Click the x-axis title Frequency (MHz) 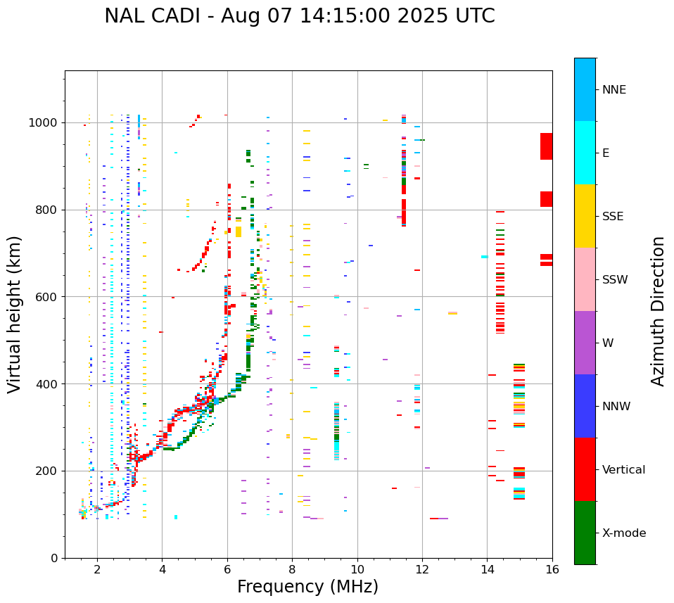pyautogui.click(x=307, y=587)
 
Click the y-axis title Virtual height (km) pyautogui.click(x=15, y=315)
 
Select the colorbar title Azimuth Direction pyautogui.click(x=658, y=311)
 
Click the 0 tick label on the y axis pyautogui.click(x=53, y=558)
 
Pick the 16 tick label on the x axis pyautogui.click(x=552, y=569)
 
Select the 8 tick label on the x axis pyautogui.click(x=292, y=569)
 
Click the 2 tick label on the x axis pyautogui.click(x=97, y=569)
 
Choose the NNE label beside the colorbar pyautogui.click(x=613, y=90)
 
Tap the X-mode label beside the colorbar pyautogui.click(x=623, y=533)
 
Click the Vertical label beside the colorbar pyautogui.click(x=623, y=470)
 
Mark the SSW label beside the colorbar pyautogui.click(x=615, y=280)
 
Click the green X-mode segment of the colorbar pyautogui.click(x=585, y=533)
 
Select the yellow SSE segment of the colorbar pyautogui.click(x=585, y=216)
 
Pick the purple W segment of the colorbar pyautogui.click(x=585, y=343)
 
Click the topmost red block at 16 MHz pyautogui.click(x=546, y=146)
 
